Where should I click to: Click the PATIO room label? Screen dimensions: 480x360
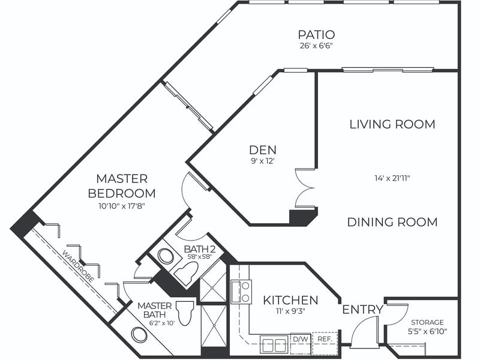(316, 35)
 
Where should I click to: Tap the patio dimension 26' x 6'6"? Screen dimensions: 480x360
(316, 46)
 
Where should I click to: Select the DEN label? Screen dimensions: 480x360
(263, 150)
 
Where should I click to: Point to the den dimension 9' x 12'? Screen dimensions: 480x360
(262, 161)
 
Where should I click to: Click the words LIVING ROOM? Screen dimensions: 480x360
(392, 124)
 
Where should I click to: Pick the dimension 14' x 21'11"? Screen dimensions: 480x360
(392, 178)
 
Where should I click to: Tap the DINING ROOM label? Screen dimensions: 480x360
(392, 222)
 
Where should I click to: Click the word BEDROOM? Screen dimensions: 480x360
(122, 193)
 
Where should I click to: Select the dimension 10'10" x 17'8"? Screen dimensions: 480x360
(122, 206)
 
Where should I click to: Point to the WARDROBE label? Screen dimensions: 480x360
(79, 266)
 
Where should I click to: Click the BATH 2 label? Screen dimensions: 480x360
(200, 249)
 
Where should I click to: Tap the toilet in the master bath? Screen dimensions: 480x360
(186, 313)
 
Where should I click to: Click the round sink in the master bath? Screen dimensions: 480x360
(139, 335)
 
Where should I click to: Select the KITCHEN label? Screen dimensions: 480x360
(290, 301)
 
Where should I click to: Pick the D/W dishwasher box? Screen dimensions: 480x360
(301, 339)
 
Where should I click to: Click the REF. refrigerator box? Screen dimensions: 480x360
(325, 339)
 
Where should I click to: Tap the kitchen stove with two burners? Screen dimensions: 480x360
(241, 292)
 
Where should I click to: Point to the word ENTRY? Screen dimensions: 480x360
(362, 310)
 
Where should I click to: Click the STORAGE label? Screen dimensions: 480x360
(427, 322)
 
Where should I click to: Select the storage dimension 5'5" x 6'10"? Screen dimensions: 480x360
(427, 331)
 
